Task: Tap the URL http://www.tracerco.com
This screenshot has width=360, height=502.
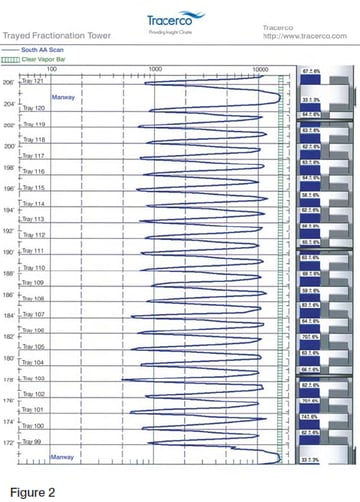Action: (x=299, y=36)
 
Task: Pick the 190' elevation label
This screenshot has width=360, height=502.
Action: (x=10, y=252)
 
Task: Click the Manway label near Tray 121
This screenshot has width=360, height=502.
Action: (x=64, y=97)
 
